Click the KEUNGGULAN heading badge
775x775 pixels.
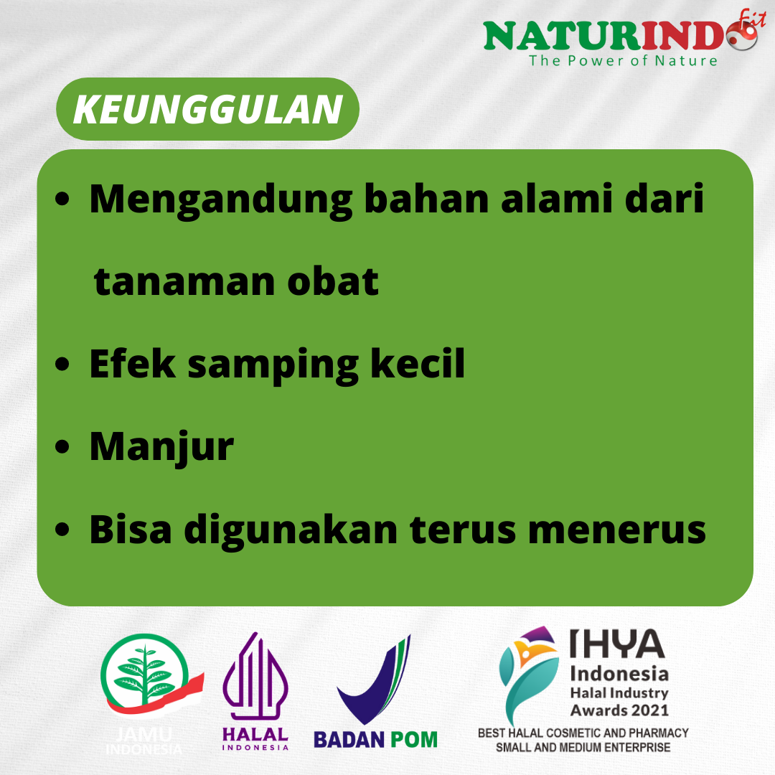coord(207,109)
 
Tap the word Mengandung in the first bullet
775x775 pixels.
coord(220,200)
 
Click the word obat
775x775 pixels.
coord(333,281)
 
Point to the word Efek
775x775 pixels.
coord(132,363)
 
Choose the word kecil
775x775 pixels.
coord(417,363)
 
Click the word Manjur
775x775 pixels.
coord(161,447)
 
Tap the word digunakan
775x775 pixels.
coord(291,530)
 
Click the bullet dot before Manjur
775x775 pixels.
coord(62,447)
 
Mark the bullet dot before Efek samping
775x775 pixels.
coord(62,364)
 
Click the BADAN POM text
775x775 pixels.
coord(375,739)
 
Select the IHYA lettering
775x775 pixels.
coord(617,644)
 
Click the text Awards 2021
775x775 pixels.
coord(619,710)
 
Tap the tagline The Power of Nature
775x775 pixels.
coord(623,61)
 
